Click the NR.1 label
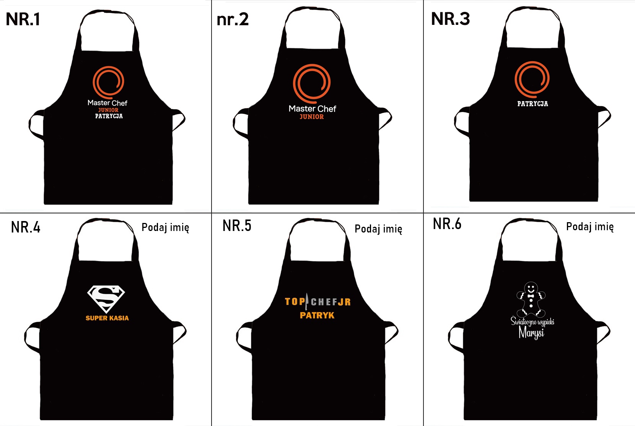[23, 19]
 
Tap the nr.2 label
[233, 19]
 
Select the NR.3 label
[450, 19]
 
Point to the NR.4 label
[26, 227]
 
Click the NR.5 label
[237, 226]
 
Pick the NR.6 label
[447, 224]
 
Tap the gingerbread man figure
[531, 300]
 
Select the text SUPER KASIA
[107, 318]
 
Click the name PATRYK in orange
[317, 315]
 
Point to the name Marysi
[531, 333]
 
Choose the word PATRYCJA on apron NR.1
[109, 116]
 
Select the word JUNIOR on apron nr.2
[312, 117]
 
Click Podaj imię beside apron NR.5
[378, 229]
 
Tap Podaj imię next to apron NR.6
[590, 227]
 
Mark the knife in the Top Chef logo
[307, 302]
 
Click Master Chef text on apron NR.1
[107, 103]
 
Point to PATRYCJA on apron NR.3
[532, 104]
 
